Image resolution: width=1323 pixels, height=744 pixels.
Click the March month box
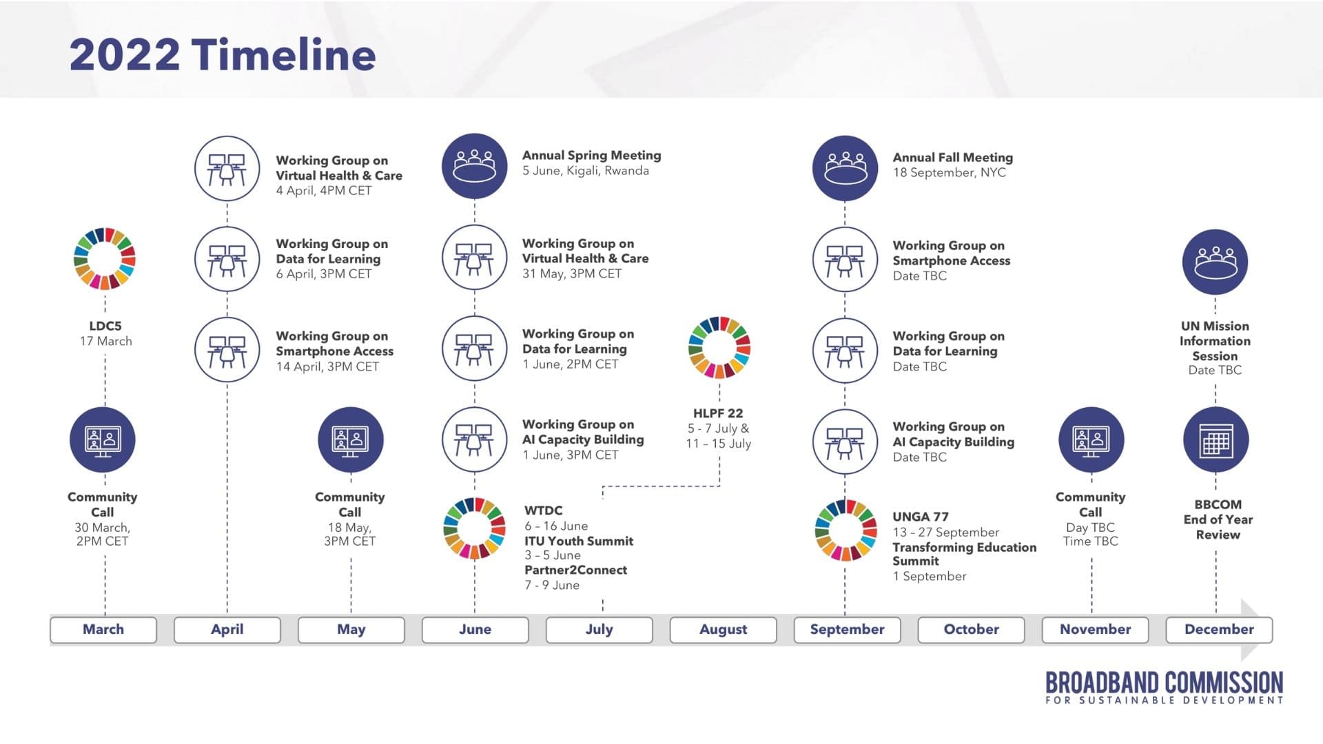point(103,630)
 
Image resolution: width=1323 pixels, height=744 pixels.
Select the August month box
point(723,630)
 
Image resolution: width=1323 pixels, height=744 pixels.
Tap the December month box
point(1218,630)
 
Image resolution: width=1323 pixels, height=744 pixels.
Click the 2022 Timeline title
point(223,54)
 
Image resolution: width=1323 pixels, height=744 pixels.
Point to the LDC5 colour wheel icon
point(105,258)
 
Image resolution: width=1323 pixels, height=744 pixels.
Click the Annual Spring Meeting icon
point(474,167)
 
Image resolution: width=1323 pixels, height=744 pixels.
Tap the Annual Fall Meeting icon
point(845,168)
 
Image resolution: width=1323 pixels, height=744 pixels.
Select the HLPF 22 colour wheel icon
point(719,347)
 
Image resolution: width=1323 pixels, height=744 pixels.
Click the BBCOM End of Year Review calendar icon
point(1216,440)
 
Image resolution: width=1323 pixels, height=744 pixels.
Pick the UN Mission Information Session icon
point(1216,262)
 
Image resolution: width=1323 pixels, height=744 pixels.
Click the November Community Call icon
point(1091,440)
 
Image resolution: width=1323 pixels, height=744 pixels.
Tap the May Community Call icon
point(350,440)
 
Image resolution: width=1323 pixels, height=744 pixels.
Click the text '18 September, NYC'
point(949,173)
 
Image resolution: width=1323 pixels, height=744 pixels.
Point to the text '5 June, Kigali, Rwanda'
point(585,171)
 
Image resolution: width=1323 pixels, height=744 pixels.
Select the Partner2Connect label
point(575,570)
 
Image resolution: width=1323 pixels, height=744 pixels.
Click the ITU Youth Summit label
point(578,541)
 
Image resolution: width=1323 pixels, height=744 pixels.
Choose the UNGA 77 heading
point(920,517)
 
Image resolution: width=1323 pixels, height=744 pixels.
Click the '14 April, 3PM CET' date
point(327,366)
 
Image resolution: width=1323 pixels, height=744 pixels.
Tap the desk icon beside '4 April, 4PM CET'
point(227,169)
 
